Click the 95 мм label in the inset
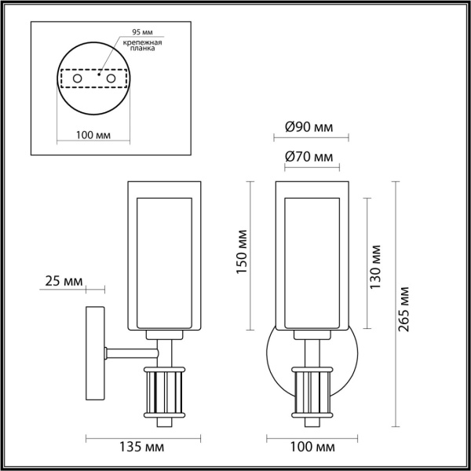142,32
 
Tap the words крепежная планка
143,45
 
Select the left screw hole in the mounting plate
77,78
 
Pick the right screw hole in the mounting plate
111,78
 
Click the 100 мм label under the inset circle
93,135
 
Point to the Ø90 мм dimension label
309,127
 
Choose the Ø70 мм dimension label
309,156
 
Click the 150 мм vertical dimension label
242,252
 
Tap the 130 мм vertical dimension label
375,267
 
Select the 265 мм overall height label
403,309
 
